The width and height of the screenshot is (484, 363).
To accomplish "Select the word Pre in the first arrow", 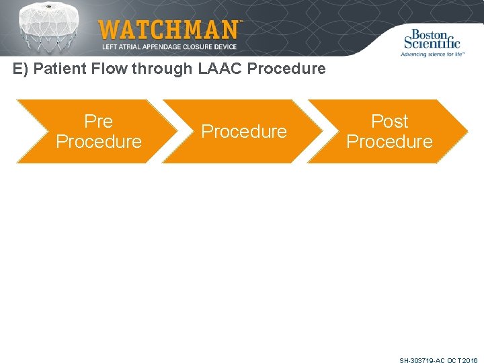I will coord(98,122).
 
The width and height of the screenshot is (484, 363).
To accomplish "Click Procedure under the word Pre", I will coord(98,142).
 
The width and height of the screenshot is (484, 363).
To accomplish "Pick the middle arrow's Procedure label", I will coord(244,132).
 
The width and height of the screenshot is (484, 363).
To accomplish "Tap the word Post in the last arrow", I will coord(389,122).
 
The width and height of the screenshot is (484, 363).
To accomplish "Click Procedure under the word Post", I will coord(389,142).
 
